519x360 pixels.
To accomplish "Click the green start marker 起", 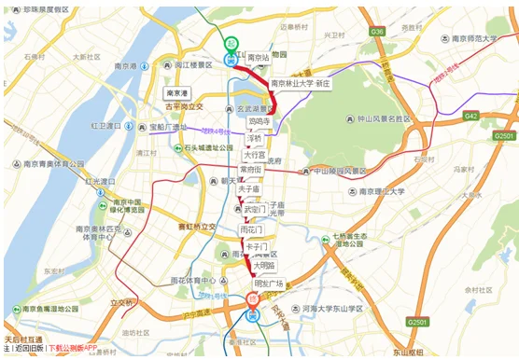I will click(231, 44).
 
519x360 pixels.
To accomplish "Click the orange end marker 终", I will click(252, 301).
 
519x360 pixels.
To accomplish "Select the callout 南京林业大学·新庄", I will click(301, 83).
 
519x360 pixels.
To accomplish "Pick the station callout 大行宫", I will click(254, 155).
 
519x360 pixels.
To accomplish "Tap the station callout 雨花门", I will click(252, 229).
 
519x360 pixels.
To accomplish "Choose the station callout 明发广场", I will click(268, 284).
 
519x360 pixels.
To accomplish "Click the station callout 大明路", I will click(264, 266).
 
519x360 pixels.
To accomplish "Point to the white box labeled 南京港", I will click(176, 94).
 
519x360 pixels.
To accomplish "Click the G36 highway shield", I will click(377, 32).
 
